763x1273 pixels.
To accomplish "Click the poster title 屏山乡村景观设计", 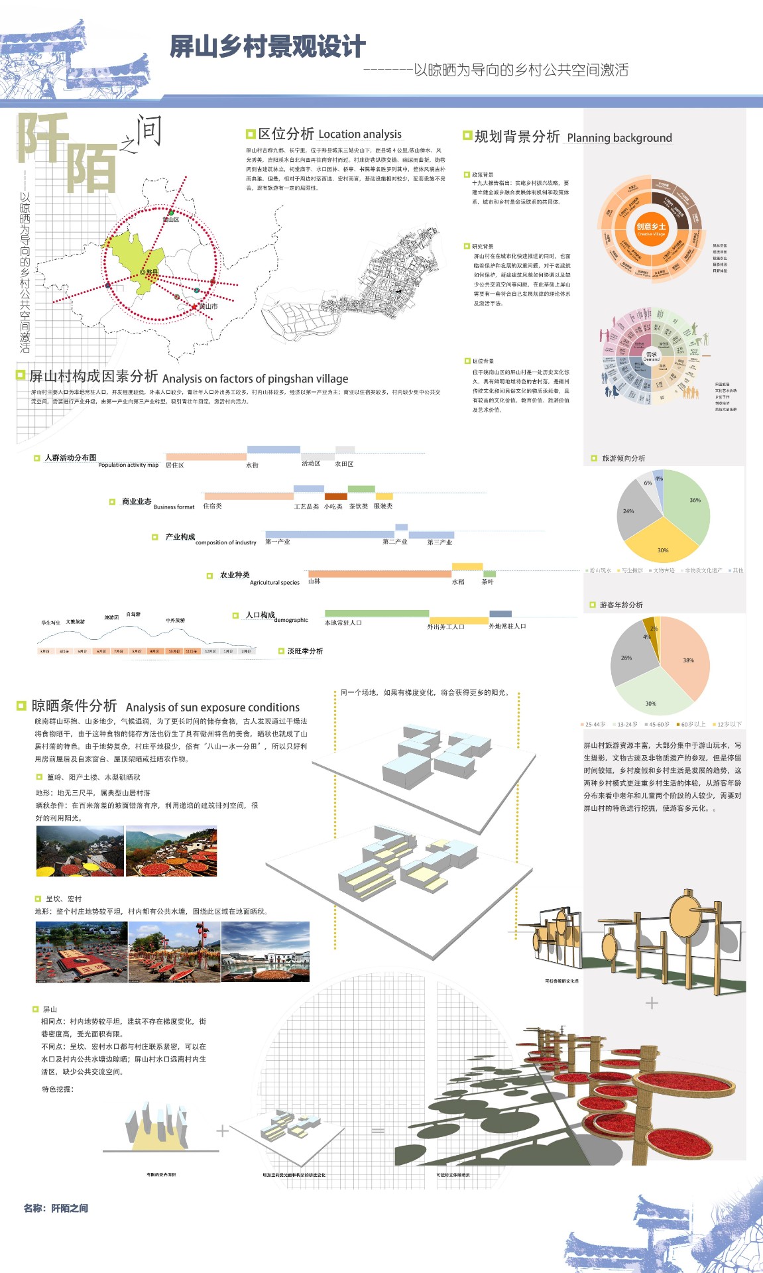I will tap(267, 47).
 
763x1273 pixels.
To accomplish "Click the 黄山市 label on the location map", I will tap(208, 306).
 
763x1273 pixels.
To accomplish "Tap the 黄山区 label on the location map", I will tap(171, 219).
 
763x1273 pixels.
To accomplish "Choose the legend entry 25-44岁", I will tap(595, 724).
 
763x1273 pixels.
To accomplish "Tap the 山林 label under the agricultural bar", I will tap(314, 581).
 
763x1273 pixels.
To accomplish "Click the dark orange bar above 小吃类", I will tap(335, 496).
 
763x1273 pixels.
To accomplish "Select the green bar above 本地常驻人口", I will tap(377, 613).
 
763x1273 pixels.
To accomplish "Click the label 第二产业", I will tap(394, 542).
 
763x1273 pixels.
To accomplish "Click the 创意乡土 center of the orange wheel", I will tap(651, 227).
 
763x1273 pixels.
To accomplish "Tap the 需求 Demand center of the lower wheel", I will tap(652, 356).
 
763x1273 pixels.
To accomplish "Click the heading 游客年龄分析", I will tap(620, 605).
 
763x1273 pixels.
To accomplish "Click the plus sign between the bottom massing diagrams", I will tap(223, 1130).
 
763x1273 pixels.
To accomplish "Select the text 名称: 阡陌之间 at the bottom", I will tap(56, 1208).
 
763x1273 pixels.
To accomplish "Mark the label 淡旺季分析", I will tap(305, 651).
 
